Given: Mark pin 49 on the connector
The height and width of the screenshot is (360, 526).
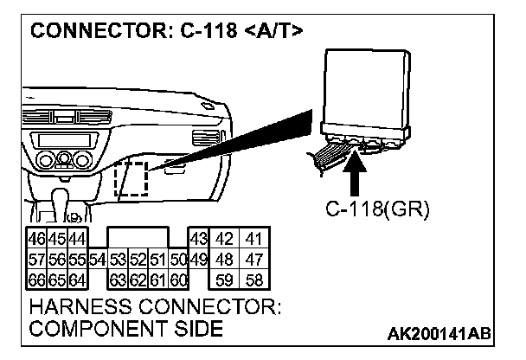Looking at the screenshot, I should point(197,258).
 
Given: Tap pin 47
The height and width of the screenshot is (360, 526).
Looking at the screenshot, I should point(253,258).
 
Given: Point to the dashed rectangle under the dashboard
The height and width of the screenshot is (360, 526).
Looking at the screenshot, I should point(131,177).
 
